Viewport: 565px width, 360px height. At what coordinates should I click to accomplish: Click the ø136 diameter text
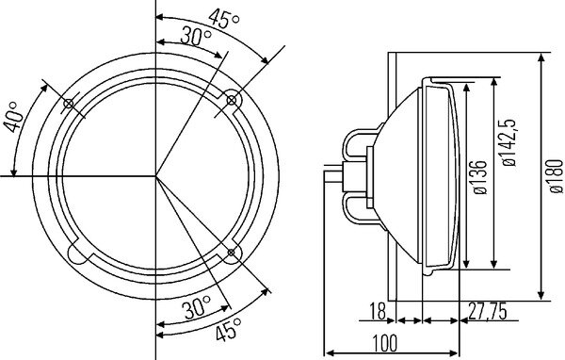pos(481,175)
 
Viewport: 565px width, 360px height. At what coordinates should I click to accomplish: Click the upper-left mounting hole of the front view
pos(70,104)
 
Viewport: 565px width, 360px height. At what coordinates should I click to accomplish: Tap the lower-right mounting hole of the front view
pos(232,252)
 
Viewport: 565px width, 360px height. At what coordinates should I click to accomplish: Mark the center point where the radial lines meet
pos(157,176)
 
